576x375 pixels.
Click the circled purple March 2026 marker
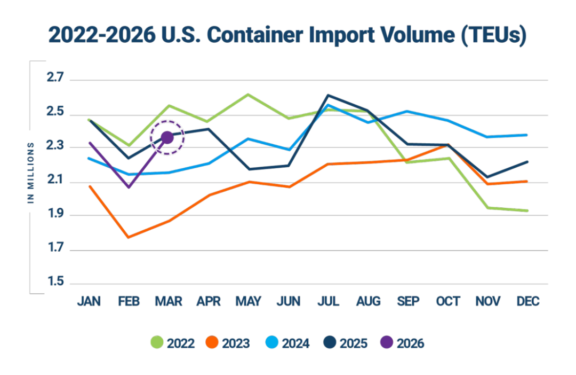tap(167, 138)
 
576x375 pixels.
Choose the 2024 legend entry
tap(287, 343)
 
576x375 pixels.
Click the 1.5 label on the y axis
tap(55, 283)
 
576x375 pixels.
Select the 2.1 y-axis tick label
tap(55, 182)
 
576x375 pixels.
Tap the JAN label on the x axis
tap(89, 301)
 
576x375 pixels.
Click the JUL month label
tap(328, 301)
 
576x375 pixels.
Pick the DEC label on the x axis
tap(528, 301)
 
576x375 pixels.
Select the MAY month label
tap(249, 301)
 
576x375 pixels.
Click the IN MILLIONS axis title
tap(31, 173)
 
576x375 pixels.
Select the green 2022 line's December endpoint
tap(527, 210)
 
